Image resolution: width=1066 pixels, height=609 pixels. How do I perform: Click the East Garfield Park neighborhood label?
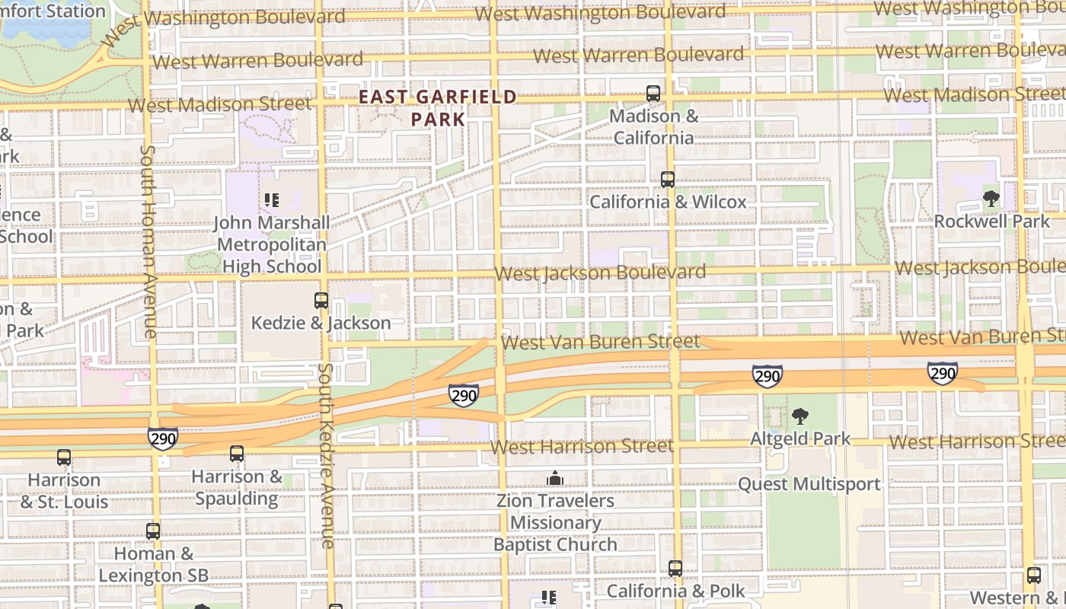tap(437, 108)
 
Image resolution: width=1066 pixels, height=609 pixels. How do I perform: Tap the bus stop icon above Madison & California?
tap(653, 94)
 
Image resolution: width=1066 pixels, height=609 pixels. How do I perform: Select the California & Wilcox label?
tap(668, 202)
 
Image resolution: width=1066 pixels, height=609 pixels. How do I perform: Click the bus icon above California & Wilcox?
tap(668, 180)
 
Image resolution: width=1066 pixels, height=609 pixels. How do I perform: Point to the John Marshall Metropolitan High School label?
tap(271, 244)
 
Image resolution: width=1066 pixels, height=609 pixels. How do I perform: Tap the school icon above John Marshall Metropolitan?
tap(271, 200)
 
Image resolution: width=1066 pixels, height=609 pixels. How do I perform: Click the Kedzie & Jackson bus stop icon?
tap(321, 301)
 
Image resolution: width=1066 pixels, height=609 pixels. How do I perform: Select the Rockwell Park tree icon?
tap(991, 199)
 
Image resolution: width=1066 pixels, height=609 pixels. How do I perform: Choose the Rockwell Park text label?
tap(991, 222)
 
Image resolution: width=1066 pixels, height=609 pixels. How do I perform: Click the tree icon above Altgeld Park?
tap(799, 416)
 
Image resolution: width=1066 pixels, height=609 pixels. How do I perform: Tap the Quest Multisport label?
tap(809, 484)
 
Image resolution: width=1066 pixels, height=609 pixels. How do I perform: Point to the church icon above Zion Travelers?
tap(555, 478)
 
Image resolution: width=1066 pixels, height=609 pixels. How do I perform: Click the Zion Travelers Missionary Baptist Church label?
tap(555, 523)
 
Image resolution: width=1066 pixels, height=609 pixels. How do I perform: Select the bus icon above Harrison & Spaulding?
tap(237, 454)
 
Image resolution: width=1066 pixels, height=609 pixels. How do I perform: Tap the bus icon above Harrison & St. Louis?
tap(64, 458)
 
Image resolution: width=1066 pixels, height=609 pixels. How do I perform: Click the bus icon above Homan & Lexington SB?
tap(153, 531)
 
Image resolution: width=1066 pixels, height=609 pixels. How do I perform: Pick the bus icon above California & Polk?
tap(675, 569)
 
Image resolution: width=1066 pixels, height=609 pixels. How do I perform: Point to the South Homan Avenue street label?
tap(148, 242)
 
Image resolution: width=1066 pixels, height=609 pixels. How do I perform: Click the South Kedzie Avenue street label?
tap(326, 455)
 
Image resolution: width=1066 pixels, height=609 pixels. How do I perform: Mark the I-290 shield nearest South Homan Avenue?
tap(163, 438)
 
